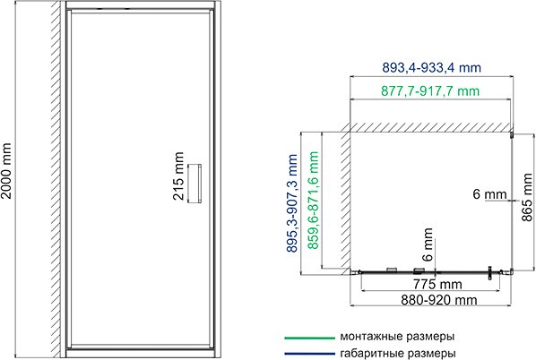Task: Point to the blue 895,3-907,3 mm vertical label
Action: click(294, 204)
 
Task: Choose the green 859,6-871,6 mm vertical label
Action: click(314, 204)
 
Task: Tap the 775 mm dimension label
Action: click(426, 285)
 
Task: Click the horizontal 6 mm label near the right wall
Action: click(489, 193)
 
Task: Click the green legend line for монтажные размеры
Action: click(307, 339)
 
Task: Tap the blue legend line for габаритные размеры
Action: click(307, 353)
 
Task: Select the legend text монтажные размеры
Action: click(396, 338)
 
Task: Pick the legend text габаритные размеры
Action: click(396, 353)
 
